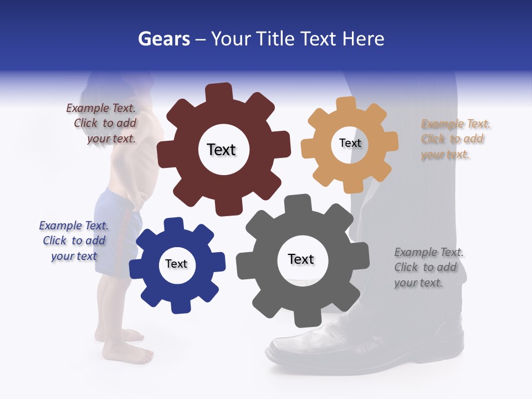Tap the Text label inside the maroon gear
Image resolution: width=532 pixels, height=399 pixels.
[x=221, y=150]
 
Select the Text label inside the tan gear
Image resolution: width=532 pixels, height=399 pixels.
[x=350, y=143]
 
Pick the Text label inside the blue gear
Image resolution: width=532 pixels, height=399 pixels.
[x=176, y=264]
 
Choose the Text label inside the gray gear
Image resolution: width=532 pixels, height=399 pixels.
[x=301, y=259]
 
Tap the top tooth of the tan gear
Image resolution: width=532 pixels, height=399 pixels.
[x=346, y=104]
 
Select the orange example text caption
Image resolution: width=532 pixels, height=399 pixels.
[x=454, y=139]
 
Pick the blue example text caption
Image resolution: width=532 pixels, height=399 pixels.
[x=74, y=241]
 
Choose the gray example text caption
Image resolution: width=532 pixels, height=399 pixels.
[x=428, y=267]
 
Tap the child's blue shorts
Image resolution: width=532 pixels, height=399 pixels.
[x=114, y=227]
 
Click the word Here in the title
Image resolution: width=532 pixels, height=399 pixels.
[x=364, y=39]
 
